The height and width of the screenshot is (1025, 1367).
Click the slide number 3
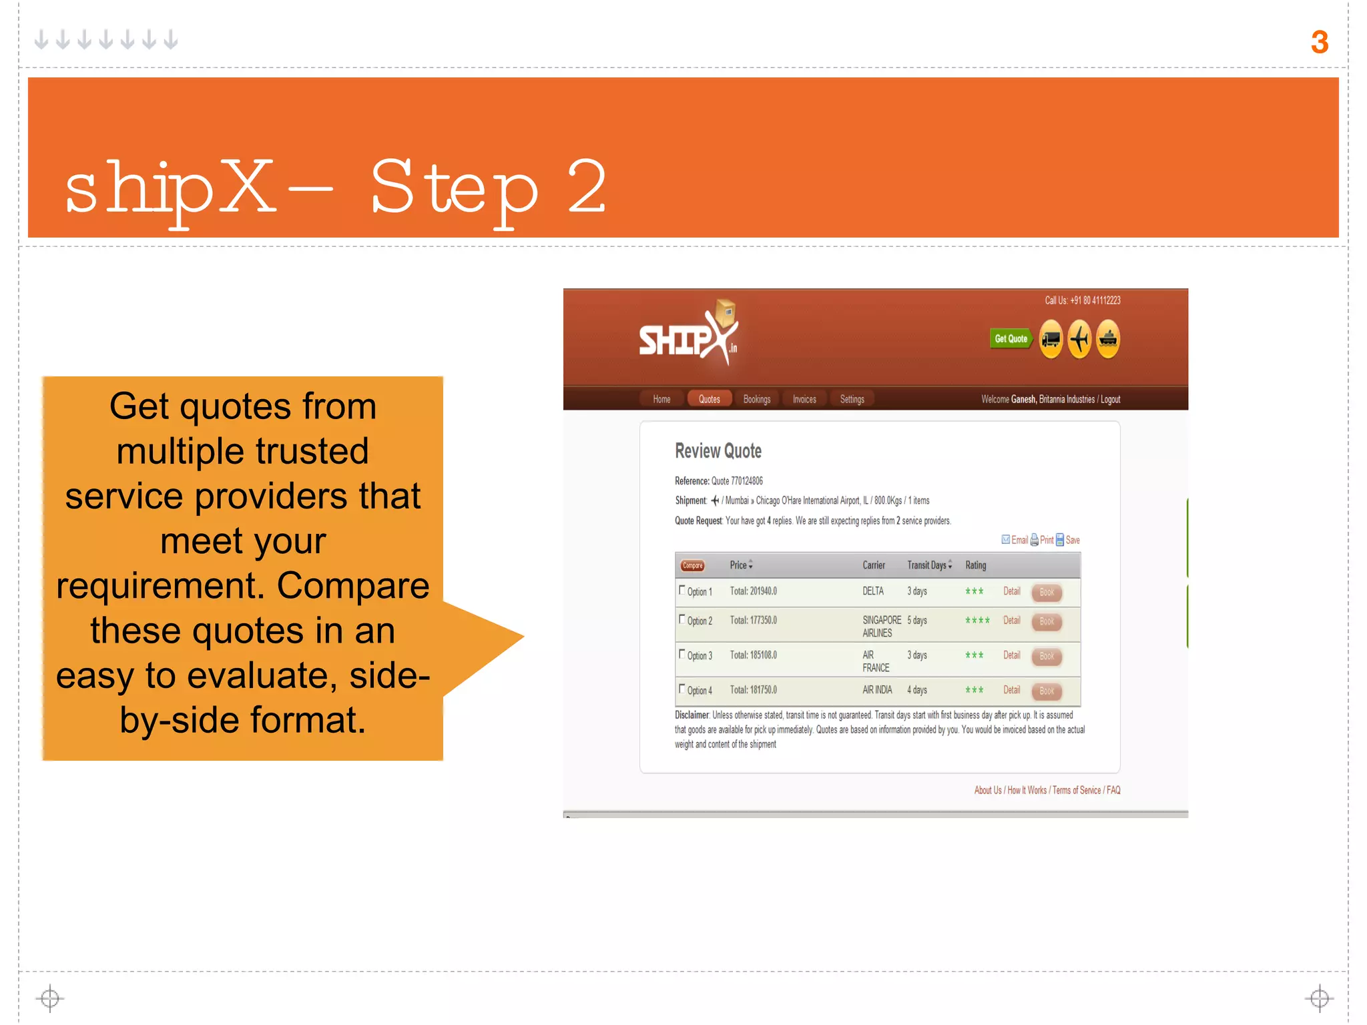[x=1319, y=43]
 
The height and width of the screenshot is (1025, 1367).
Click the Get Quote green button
[x=1010, y=339]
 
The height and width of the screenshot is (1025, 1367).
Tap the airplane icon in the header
[x=1079, y=339]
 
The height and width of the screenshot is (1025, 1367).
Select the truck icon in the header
[x=1051, y=339]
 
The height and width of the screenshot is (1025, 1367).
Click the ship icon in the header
[x=1108, y=339]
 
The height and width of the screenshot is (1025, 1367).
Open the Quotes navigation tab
[x=709, y=399]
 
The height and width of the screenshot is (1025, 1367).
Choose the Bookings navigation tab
[x=756, y=399]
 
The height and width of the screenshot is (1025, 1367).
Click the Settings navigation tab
[x=852, y=399]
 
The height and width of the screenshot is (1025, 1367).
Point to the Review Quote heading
[x=718, y=451]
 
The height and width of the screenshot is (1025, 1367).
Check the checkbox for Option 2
[x=682, y=619]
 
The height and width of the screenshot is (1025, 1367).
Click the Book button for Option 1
[x=1046, y=592]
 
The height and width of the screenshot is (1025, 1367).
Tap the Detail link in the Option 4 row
[x=1011, y=690]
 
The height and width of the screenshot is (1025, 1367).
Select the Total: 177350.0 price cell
[x=753, y=621]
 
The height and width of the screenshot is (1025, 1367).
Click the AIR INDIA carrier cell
[x=876, y=690]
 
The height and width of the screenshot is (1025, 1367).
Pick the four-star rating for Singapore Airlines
[x=977, y=621]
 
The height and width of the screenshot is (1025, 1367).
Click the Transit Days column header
[x=928, y=565]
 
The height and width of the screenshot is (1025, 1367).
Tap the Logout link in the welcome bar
[x=1110, y=399]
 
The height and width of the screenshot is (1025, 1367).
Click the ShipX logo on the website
[x=688, y=336]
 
